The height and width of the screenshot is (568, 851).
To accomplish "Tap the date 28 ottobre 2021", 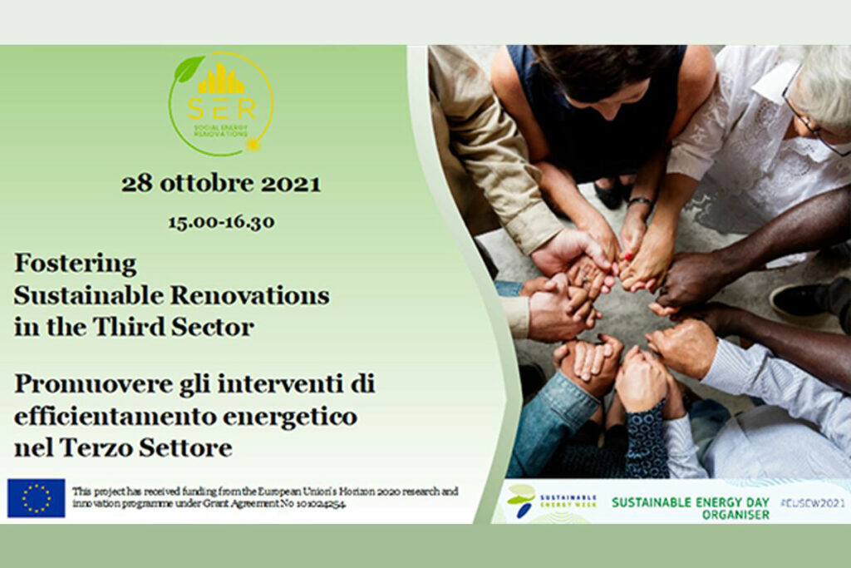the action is [221, 184].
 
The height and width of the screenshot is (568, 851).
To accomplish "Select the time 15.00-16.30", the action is [221, 222].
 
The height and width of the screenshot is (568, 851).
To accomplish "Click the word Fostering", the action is [76, 264].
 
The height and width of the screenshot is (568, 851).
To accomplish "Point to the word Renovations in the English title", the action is [250, 296].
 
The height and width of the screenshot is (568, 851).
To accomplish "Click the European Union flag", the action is [37, 498].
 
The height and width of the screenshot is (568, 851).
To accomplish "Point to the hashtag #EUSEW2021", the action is [813, 503].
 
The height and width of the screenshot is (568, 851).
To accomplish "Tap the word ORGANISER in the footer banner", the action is [735, 515].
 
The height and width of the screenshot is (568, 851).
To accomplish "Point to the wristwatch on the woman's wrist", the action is [641, 202].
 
